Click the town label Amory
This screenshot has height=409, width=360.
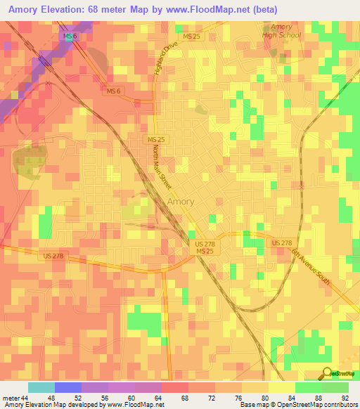[181, 202]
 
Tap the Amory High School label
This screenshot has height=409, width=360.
[281, 31]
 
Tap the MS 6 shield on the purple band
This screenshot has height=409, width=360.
[68, 36]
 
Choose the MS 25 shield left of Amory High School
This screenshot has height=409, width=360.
[192, 36]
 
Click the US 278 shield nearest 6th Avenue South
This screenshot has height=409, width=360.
[281, 242]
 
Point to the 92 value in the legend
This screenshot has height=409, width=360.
[345, 398]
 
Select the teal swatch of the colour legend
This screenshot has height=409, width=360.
[41, 387]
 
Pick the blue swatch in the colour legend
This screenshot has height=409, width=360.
[68, 387]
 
